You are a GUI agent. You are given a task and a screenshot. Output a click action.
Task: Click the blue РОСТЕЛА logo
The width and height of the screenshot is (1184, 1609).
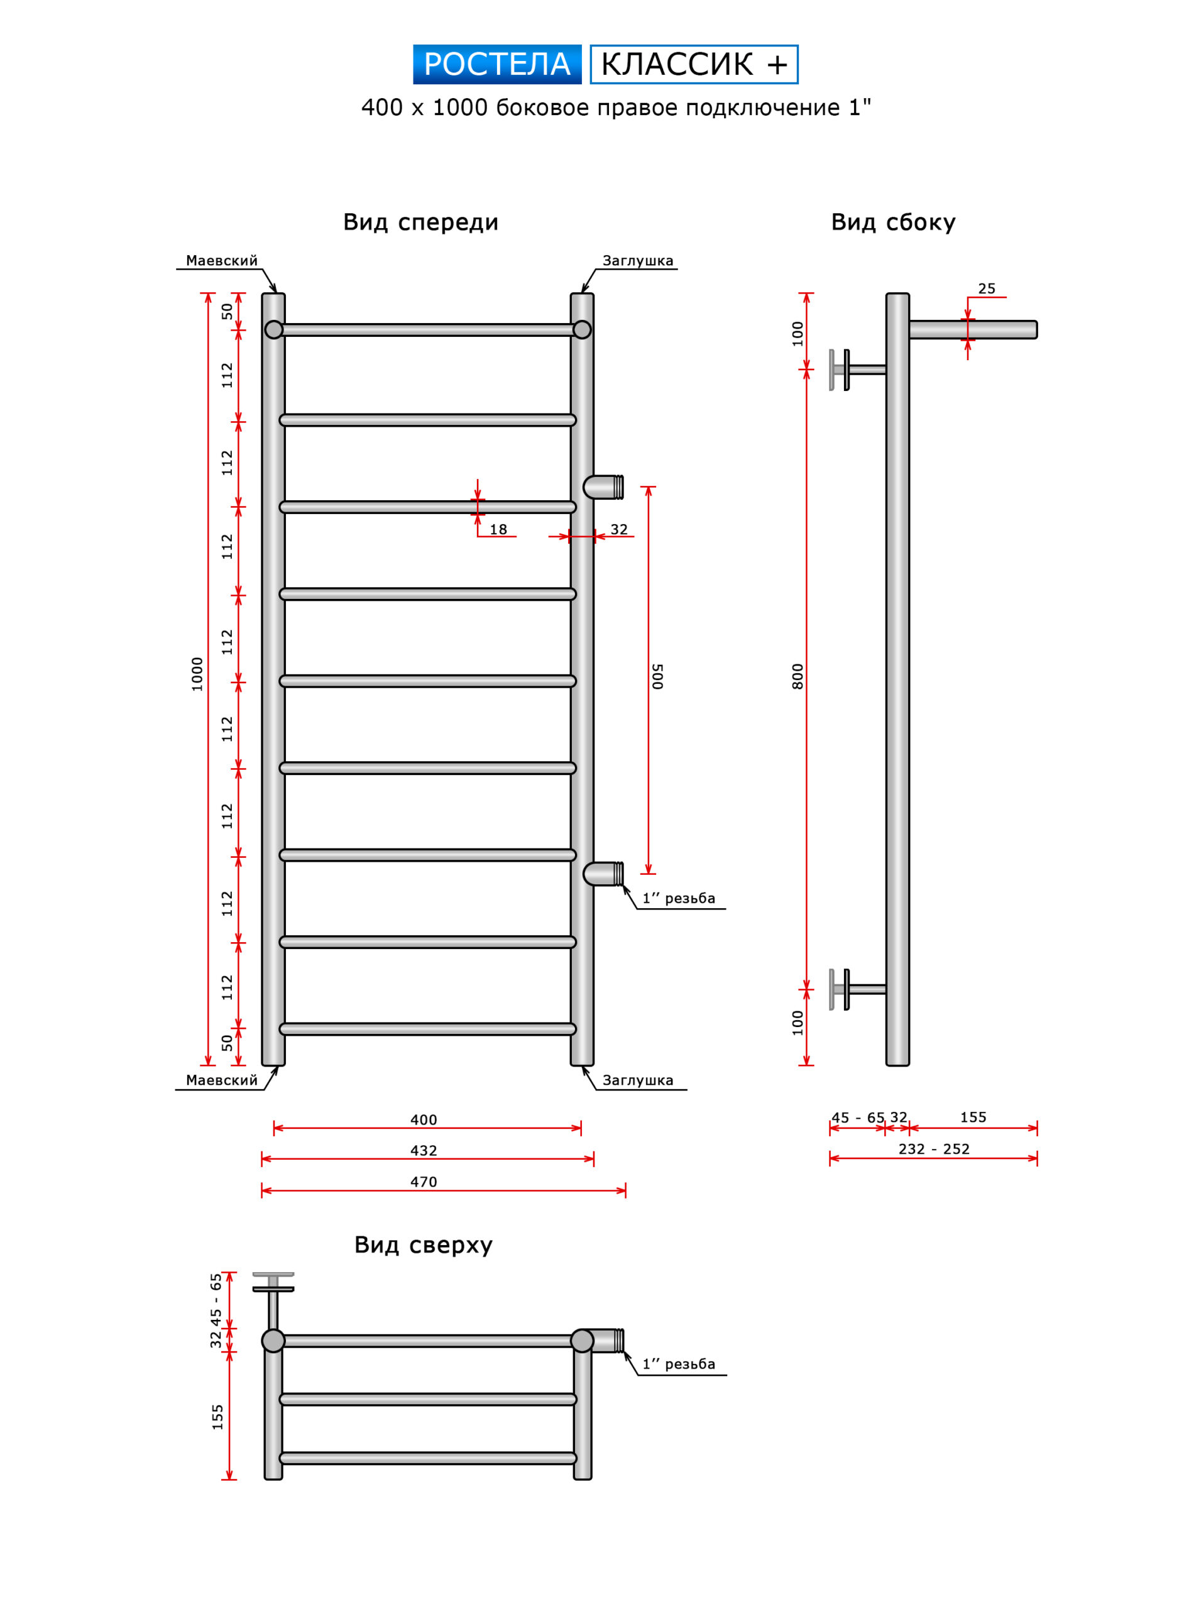pos(496,65)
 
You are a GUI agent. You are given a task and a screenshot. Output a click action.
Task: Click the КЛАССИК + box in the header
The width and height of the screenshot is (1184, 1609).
pos(693,65)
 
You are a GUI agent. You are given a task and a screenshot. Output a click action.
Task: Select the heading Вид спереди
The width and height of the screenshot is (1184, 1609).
pos(420,222)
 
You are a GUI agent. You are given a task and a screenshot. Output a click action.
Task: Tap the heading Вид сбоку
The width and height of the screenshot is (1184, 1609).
pos(893,222)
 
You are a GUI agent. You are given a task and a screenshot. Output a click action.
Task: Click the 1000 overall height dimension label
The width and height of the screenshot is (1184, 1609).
pos(197,674)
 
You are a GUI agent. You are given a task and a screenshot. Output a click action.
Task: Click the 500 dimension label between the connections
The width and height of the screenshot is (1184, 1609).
pos(658,676)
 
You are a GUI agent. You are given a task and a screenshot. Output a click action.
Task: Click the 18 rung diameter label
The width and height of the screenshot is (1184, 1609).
pos(498,530)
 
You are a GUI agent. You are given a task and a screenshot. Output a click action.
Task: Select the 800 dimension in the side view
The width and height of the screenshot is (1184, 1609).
pos(798,676)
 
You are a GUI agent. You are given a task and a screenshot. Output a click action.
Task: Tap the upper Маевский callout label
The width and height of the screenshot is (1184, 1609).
pos(221,261)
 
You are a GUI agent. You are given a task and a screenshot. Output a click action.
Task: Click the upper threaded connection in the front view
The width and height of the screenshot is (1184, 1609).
pos(603,487)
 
